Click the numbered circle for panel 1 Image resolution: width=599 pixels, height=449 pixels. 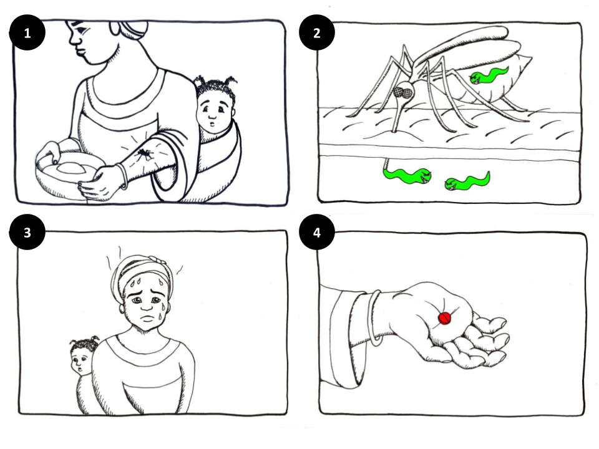[x=27, y=33]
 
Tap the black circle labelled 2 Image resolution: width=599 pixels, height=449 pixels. [x=317, y=33]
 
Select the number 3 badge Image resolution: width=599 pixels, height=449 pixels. [x=27, y=232]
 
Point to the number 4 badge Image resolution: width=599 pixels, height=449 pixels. [x=317, y=232]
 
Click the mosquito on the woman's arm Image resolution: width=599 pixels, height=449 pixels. [x=144, y=154]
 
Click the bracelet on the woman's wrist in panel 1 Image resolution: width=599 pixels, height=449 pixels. [x=123, y=176]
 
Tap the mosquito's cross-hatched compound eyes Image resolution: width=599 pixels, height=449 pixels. [x=405, y=92]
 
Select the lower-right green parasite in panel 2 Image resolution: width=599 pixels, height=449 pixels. [x=467, y=181]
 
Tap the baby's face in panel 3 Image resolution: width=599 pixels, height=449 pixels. [x=80, y=361]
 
